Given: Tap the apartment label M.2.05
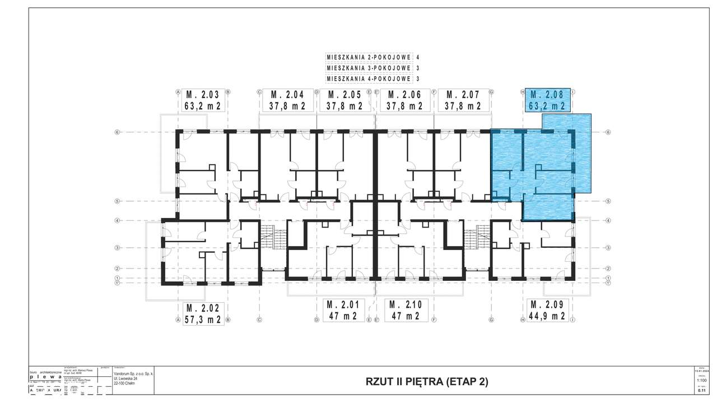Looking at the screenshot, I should (x=344, y=94).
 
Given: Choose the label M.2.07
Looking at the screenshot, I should (x=462, y=94).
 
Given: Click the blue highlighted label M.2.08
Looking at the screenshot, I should (x=548, y=94).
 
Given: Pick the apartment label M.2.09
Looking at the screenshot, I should (x=548, y=304).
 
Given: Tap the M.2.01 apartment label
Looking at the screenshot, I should (x=344, y=304).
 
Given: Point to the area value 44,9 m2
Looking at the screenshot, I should (x=548, y=316).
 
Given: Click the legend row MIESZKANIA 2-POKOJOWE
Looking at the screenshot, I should (x=369, y=57).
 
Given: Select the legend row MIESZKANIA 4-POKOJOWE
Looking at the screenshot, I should (x=369, y=78).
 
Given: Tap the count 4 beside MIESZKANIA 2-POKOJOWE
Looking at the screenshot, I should (x=418, y=57).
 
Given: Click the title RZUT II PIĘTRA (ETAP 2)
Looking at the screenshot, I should (x=427, y=382).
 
